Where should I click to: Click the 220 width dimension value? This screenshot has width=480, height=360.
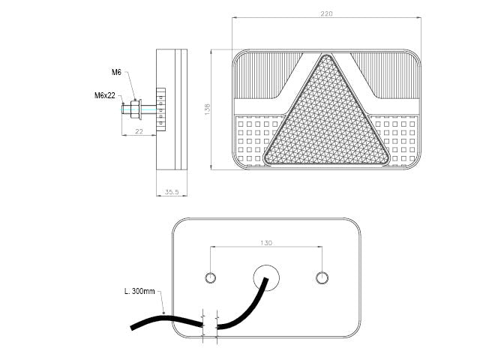click(x=326, y=13)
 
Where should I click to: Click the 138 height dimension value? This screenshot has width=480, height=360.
click(x=207, y=109)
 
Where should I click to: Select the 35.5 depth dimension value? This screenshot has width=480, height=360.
click(x=172, y=192)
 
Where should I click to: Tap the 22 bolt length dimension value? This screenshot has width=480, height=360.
click(x=139, y=131)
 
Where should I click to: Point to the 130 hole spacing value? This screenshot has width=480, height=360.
click(x=266, y=243)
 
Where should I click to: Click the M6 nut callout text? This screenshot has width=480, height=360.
click(x=116, y=72)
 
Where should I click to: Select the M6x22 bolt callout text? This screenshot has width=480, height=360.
click(x=105, y=95)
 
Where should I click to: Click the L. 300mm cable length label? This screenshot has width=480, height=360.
click(x=139, y=291)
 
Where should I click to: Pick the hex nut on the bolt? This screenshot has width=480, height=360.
click(x=135, y=109)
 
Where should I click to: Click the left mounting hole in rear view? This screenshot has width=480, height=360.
click(x=210, y=277)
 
